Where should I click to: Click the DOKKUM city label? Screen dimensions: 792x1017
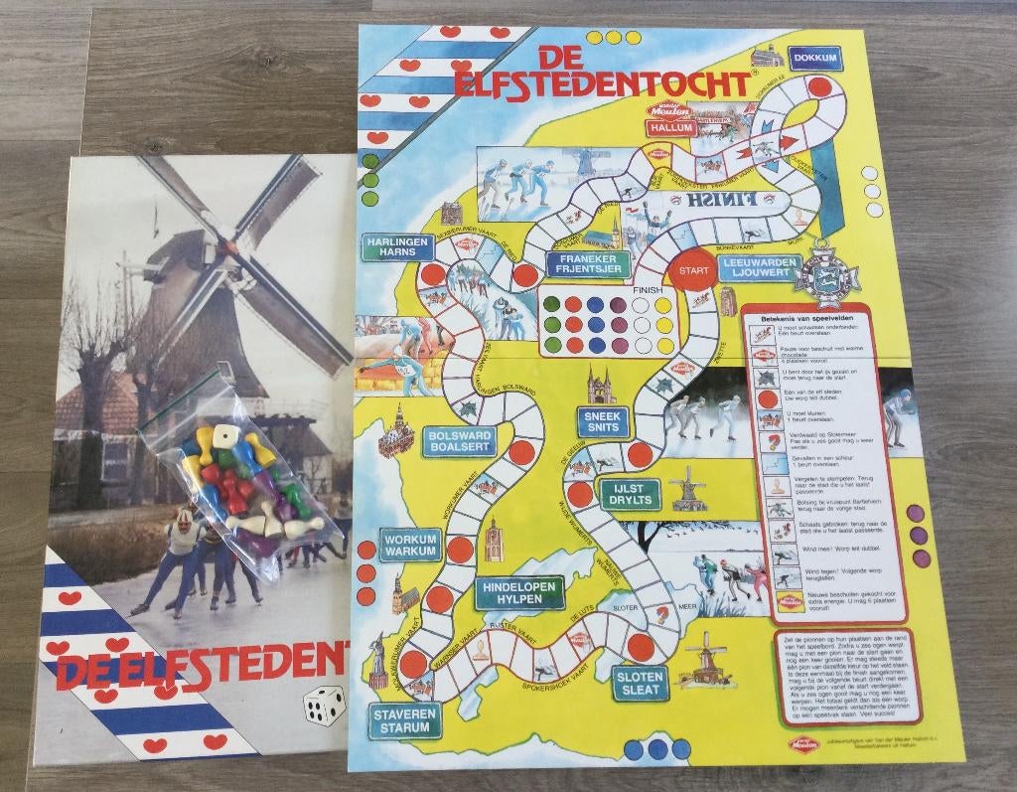pyautogui.click(x=816, y=59)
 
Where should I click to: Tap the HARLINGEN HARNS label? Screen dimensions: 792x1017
pyautogui.click(x=396, y=246)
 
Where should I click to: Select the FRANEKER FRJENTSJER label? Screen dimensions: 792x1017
pyautogui.click(x=587, y=264)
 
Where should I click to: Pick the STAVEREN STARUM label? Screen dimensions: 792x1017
pyautogui.click(x=402, y=720)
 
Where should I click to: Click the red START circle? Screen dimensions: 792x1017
pyautogui.click(x=690, y=269)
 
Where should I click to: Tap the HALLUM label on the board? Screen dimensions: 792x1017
pyautogui.click(x=672, y=128)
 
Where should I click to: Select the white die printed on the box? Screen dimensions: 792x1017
pyautogui.click(x=325, y=707)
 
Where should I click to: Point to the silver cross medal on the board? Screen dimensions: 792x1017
pyautogui.click(x=830, y=275)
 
